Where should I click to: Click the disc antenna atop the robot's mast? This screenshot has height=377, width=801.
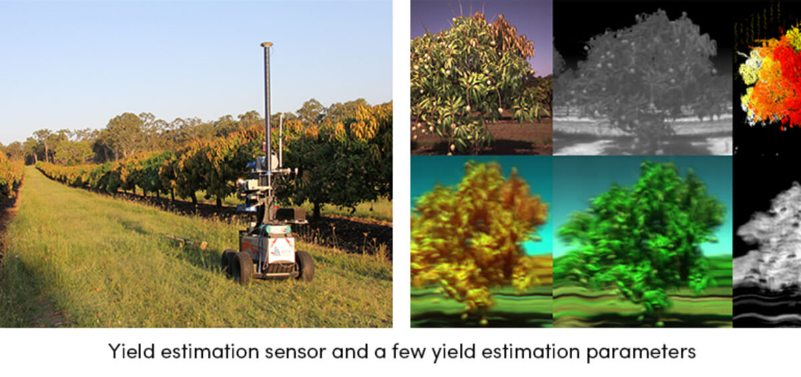point(267,45)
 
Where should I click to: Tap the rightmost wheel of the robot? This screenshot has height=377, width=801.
point(304,266)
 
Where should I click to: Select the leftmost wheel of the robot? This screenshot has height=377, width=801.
point(228,262)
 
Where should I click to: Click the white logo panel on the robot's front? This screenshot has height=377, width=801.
point(281,250)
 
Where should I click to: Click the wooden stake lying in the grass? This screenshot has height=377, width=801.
point(186,241)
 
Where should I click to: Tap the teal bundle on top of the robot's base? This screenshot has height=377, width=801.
point(274,229)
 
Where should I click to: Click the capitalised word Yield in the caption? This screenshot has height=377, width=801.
point(131,351)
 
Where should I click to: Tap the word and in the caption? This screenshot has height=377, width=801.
point(350,351)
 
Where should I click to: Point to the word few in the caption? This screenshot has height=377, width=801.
point(409,351)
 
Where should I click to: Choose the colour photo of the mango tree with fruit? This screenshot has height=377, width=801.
point(481,77)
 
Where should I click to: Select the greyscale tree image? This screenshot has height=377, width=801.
point(643,77)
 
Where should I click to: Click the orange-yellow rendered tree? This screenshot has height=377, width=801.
point(481,242)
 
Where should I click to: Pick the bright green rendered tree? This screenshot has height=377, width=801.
point(643,242)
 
